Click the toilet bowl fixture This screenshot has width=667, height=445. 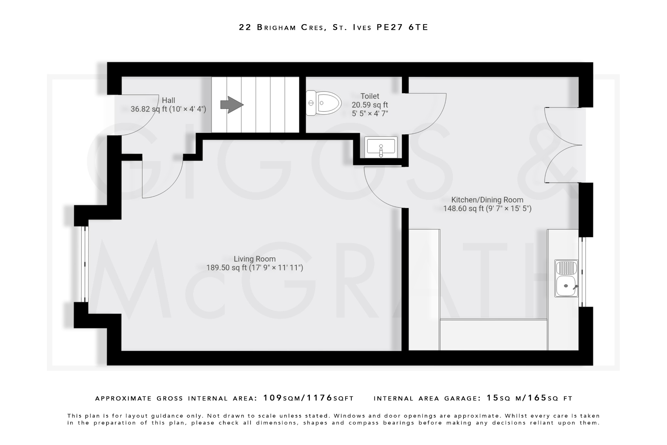tap(323, 103)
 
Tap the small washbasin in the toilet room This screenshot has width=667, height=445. tap(381, 147)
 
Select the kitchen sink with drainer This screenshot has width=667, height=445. tap(566, 278)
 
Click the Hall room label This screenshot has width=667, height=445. tap(168, 100)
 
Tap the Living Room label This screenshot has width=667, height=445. tap(255, 259)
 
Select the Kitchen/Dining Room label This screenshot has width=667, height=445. tap(487, 200)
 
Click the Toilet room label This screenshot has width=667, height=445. tap(370, 96)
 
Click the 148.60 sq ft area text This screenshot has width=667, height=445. tap(463, 209)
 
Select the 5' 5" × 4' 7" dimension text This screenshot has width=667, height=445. tap(370, 113)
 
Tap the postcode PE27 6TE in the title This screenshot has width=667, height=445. tap(402, 27)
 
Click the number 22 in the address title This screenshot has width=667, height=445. tap(245, 27)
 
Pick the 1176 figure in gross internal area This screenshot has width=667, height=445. tap(319, 398)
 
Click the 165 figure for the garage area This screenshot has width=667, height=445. tap(537, 398)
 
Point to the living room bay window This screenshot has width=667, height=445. tap(85, 264)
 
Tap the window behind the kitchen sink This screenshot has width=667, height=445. tap(583, 272)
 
